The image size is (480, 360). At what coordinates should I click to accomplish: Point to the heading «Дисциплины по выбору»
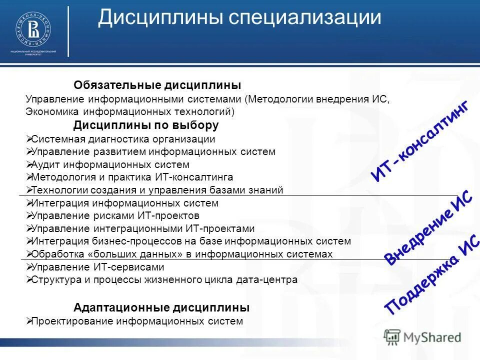146,125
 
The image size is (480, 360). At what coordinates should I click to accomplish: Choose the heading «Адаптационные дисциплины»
161,307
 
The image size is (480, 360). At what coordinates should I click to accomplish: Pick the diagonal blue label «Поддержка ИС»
428,279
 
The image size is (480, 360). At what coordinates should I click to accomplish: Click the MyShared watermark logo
422,336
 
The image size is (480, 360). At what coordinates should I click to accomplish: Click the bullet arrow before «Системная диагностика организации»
28,139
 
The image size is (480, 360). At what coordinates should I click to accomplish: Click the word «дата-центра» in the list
272,280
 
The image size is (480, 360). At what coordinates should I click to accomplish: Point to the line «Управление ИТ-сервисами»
97,267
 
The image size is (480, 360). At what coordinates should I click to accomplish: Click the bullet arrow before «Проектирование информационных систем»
28,321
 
